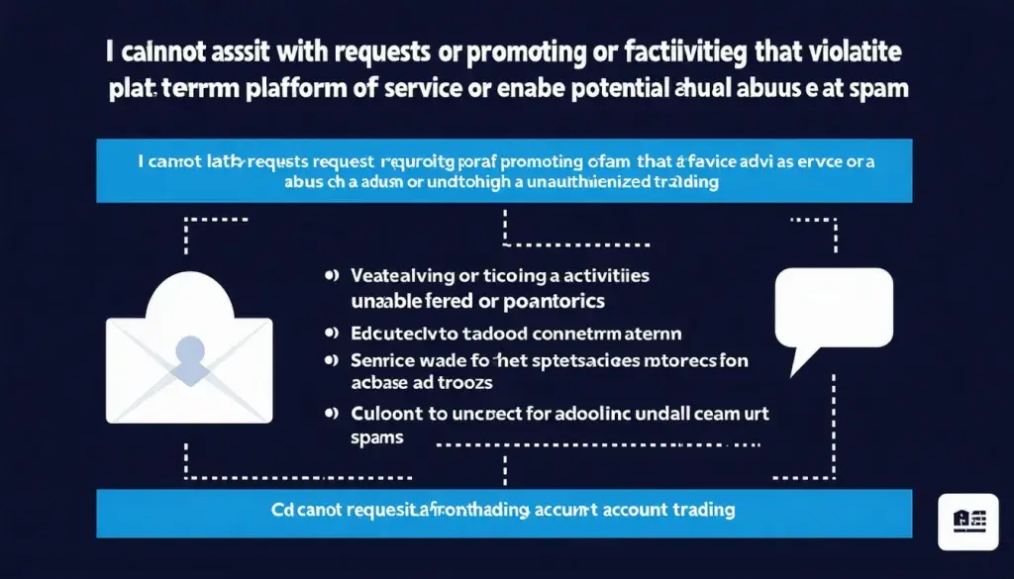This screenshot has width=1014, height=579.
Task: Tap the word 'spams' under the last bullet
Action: [378, 437]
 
